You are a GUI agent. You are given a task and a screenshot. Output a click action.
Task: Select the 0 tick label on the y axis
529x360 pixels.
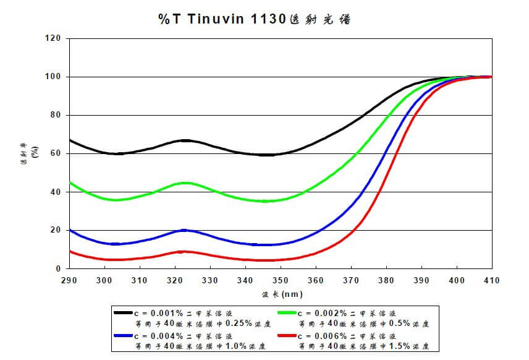pos(59,268)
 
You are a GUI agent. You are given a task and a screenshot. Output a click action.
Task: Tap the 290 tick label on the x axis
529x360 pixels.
pos(69,280)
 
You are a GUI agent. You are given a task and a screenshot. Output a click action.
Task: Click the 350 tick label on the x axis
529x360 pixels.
pos(281,280)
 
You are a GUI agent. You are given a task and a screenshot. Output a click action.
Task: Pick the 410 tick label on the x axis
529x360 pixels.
pos(492,280)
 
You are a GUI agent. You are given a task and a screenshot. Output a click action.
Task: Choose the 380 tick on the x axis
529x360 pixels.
pos(386,280)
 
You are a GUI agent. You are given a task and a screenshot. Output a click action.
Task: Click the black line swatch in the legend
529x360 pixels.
pos(124,312)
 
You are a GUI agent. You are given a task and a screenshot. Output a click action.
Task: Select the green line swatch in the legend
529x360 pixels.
pos(288,312)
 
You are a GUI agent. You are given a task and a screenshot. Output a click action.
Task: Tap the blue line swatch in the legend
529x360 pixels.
pos(124,336)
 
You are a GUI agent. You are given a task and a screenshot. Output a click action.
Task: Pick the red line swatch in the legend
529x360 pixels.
pos(288,336)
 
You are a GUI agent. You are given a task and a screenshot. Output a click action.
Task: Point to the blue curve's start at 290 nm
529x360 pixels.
pos(70,229)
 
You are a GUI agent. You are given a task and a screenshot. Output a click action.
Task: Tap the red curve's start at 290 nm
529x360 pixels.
pos(70,251)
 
